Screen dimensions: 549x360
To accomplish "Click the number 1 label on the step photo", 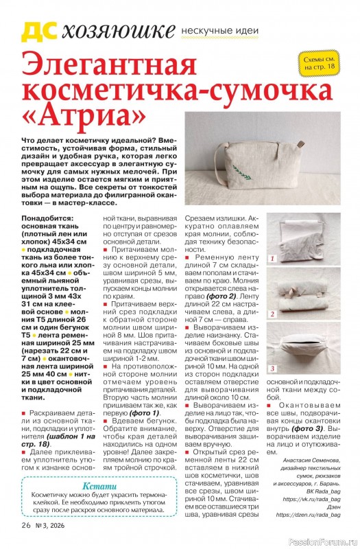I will (x=272, y=259).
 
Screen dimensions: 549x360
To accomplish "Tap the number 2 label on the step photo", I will (x=272, y=314).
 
